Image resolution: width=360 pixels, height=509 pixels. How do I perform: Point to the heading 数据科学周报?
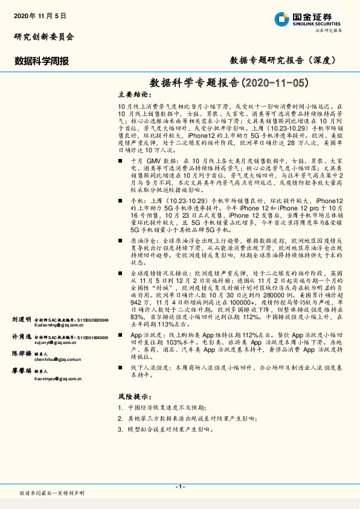(42, 61)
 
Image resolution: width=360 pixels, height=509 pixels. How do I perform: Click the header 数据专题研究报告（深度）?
(283, 60)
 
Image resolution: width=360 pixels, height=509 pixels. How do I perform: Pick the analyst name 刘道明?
(21, 318)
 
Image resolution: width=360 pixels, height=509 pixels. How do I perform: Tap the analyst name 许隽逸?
(21, 336)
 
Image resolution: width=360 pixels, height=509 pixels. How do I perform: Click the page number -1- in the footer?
(180, 487)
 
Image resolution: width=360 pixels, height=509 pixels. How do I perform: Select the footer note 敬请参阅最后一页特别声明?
(52, 494)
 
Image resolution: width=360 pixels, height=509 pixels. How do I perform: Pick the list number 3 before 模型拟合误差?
(121, 429)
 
